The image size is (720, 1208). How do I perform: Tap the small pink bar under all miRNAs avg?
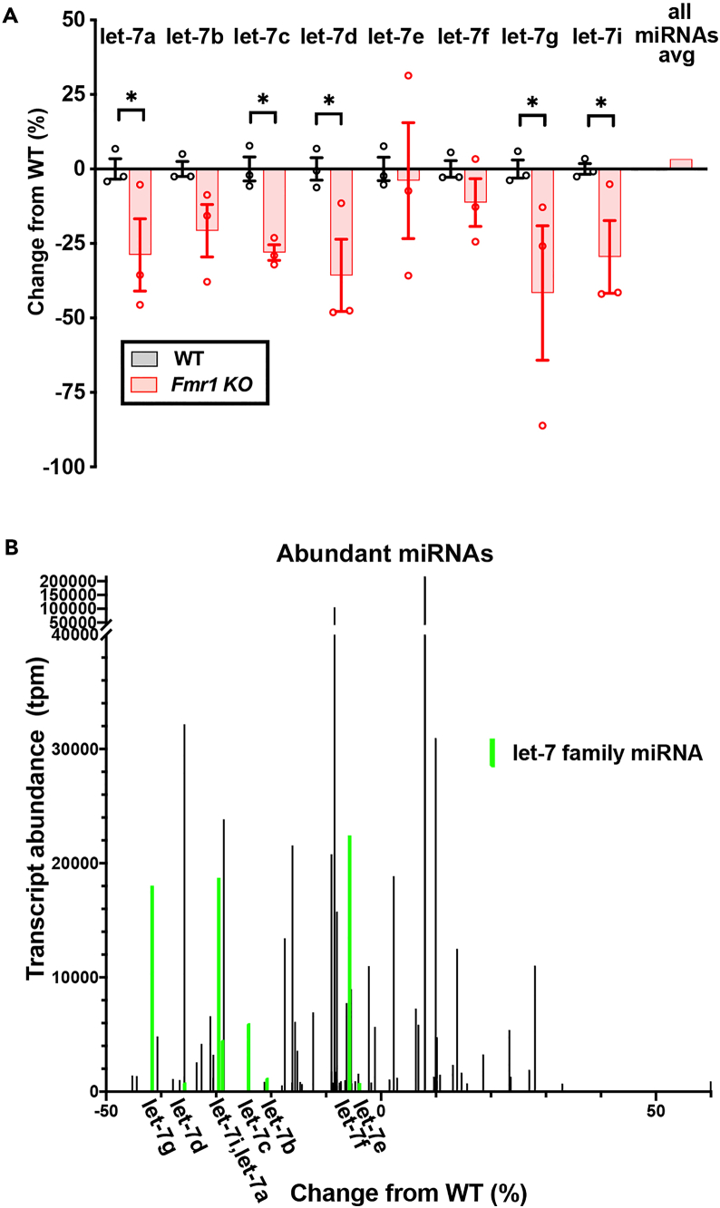680,164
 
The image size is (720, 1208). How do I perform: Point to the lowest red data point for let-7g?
542,425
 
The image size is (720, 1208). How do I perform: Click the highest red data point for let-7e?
408,75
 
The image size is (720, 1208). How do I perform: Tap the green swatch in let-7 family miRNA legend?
491,752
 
